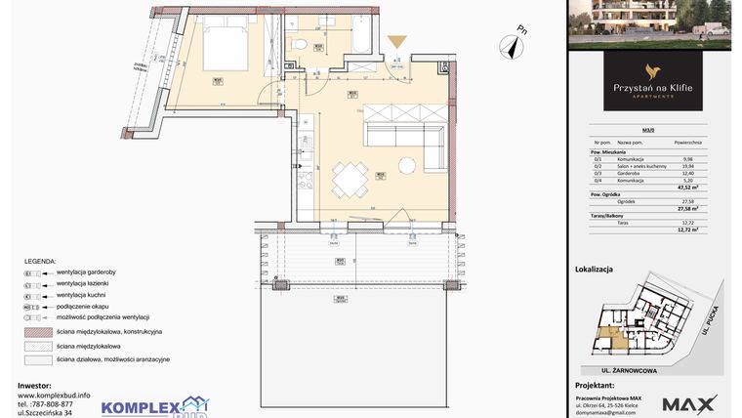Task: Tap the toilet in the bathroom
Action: (304, 44)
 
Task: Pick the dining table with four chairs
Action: (349, 180)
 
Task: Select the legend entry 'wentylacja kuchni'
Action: (82, 294)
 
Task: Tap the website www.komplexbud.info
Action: (55, 395)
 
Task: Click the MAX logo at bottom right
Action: (689, 403)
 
